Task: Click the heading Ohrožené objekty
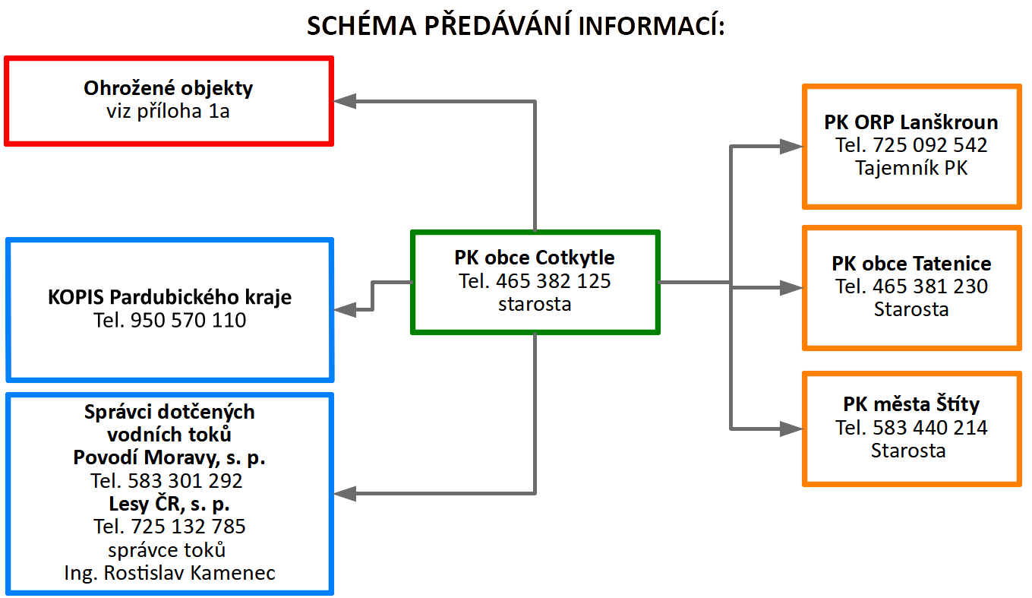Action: pyautogui.click(x=168, y=88)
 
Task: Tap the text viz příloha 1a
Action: pyautogui.click(x=168, y=111)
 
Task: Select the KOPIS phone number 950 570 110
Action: pyautogui.click(x=188, y=320)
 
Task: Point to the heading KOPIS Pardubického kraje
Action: pyautogui.click(x=169, y=297)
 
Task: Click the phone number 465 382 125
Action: pyautogui.click(x=553, y=281)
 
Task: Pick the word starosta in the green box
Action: pyautogui.click(x=535, y=304)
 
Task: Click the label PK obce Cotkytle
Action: pyautogui.click(x=535, y=258)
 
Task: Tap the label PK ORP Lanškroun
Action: pyautogui.click(x=910, y=122)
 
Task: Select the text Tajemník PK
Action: pyautogui.click(x=910, y=168)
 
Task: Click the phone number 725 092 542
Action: pyautogui.click(x=929, y=145)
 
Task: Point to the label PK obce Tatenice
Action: pyautogui.click(x=911, y=264)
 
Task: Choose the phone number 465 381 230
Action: pyautogui.click(x=929, y=286)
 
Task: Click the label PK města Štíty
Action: pyautogui.click(x=910, y=404)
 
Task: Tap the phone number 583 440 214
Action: pyautogui.click(x=929, y=428)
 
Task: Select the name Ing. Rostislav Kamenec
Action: pyautogui.click(x=169, y=573)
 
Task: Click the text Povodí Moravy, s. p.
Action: pyautogui.click(x=169, y=458)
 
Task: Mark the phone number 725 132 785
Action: pyautogui.click(x=188, y=527)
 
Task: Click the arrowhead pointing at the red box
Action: pyautogui.click(x=344, y=101)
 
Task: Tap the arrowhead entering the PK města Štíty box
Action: pyautogui.click(x=791, y=429)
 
